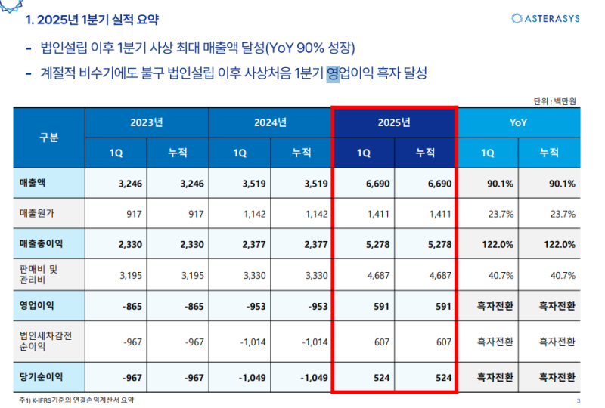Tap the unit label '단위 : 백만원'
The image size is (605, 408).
tap(556, 100)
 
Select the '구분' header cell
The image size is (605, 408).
tap(48, 138)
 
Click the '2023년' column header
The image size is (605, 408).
tap(147, 122)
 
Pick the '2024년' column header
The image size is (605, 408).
tap(270, 122)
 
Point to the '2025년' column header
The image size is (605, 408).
tap(394, 122)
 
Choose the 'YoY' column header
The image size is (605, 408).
tap(518, 122)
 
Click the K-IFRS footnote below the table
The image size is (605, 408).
tap(79, 400)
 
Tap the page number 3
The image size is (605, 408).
tap(579, 400)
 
